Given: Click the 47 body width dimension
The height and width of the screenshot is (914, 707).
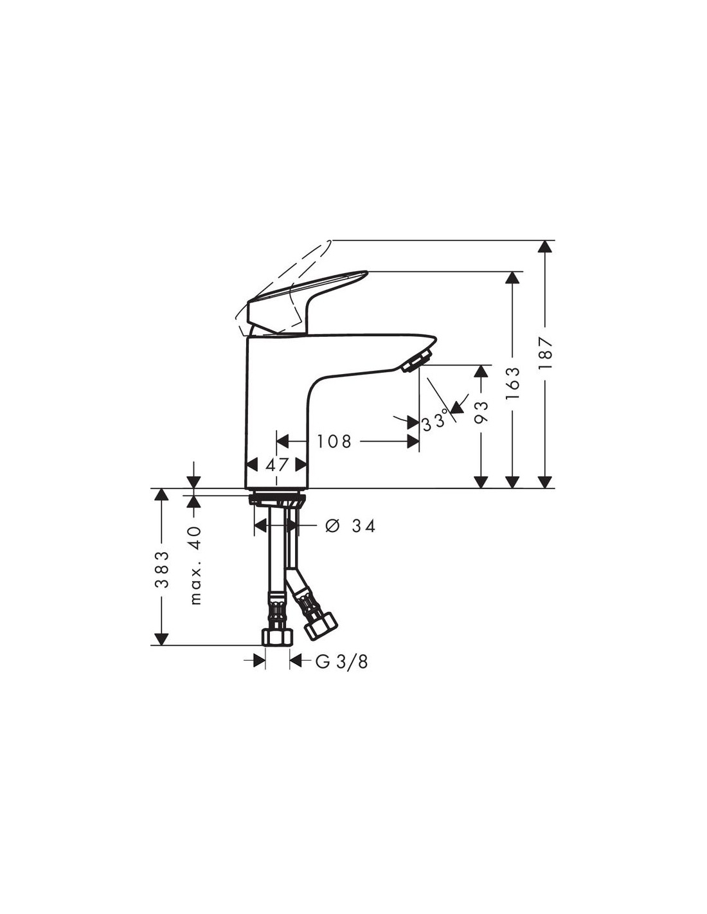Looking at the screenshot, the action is point(277,465).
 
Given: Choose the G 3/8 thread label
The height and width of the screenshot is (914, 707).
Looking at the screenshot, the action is point(341,661).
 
